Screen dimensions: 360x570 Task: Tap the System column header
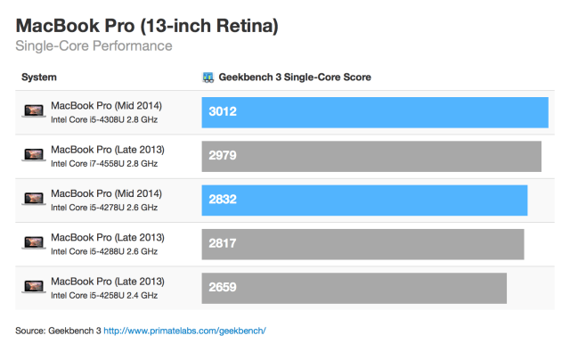tap(38, 78)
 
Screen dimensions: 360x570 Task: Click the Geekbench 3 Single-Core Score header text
tap(295, 78)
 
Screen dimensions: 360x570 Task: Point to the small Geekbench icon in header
tap(208, 78)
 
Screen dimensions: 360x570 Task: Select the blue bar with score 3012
tap(375, 111)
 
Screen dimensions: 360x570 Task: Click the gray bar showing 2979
tap(371, 156)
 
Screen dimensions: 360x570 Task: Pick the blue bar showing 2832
tap(364, 200)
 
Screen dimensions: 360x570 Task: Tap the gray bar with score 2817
tap(362, 243)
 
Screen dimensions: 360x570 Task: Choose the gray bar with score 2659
tap(354, 287)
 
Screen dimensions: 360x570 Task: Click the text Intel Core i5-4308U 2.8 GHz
tap(104, 119)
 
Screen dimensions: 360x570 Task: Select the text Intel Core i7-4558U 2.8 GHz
tap(104, 163)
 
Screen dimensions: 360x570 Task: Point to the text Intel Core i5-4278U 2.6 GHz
tap(104, 208)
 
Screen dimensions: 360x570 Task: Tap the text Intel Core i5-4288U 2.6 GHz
tap(104, 251)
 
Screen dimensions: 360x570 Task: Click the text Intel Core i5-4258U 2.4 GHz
tap(104, 295)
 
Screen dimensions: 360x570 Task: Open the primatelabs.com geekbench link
tap(185, 331)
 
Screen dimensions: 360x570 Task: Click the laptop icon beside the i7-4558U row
tap(34, 156)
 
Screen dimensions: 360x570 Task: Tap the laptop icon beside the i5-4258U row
tap(34, 287)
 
